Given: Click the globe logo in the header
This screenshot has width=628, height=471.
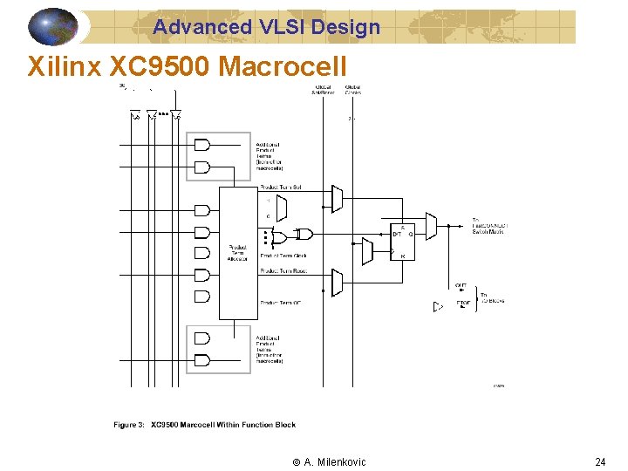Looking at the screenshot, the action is click(x=53, y=26).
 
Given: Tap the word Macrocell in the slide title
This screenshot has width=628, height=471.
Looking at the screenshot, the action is click(x=285, y=66).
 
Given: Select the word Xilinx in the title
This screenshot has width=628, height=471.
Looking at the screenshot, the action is click(x=64, y=66).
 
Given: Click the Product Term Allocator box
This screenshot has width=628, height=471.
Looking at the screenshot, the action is click(x=237, y=253).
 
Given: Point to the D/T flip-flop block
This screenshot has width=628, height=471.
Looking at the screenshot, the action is click(x=402, y=241).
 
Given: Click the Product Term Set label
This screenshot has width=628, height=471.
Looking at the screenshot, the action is click(x=281, y=188).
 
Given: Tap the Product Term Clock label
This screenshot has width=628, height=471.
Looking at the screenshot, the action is click(x=283, y=256).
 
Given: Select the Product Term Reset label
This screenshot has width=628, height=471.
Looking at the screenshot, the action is click(x=283, y=271).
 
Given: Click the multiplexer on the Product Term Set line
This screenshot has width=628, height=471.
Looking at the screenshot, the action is click(x=337, y=199).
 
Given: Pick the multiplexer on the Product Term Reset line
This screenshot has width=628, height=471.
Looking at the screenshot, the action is click(x=337, y=283).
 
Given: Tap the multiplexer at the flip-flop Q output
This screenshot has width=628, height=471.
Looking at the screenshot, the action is click(x=431, y=225).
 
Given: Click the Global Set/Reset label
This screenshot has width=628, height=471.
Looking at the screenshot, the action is click(x=323, y=90).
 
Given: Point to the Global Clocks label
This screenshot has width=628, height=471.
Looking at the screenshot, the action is click(x=354, y=90).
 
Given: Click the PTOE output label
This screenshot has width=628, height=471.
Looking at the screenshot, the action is click(x=463, y=304).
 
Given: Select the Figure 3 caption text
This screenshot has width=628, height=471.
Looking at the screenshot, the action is click(x=204, y=425).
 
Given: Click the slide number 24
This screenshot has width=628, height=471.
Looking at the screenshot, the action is click(x=600, y=461).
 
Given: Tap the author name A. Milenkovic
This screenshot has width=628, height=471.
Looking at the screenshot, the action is click(x=329, y=461).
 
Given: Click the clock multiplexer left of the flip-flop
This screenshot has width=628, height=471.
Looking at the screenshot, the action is click(x=367, y=251).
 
